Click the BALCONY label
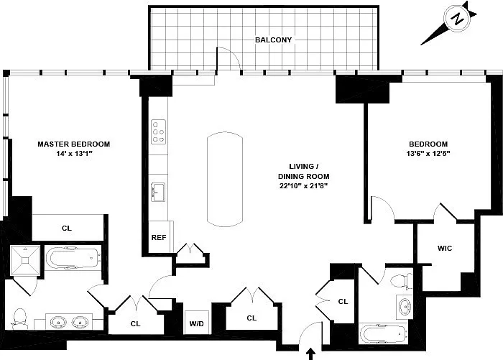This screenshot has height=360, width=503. point(273,40)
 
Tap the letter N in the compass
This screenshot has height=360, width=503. point(458,19)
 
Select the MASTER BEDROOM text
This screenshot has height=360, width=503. point(74,144)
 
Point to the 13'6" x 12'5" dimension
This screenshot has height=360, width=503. point(428,153)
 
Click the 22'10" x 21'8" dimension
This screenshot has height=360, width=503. point(303,186)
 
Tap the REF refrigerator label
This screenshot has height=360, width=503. point(159,237)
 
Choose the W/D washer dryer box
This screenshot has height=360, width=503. point(197,323)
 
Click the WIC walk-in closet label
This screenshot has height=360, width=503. point(445,248)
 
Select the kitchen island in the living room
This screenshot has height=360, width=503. point(224,180)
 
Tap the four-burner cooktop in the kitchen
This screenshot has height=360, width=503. point(159,131)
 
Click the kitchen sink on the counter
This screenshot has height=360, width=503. point(158,192)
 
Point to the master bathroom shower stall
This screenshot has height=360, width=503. point(25,260)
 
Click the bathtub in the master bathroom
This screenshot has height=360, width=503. point(73,258)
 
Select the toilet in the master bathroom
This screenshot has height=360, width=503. point(19,318)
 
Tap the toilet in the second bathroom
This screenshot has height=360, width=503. point(402,282)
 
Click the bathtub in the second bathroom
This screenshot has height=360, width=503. point(384,334)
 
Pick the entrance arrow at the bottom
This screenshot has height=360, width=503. point(310,354)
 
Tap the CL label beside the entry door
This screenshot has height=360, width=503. point(343,302)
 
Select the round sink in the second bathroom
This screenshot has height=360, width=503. point(404,306)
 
